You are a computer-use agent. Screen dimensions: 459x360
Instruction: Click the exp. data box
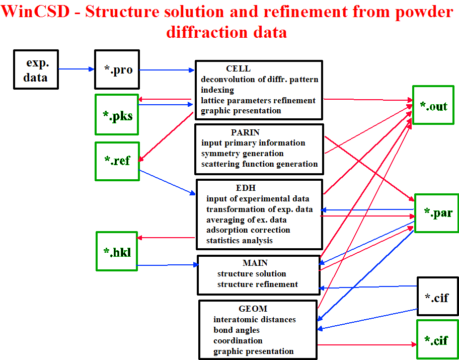click(x=36, y=69)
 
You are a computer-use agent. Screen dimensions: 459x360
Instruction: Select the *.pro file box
click(x=117, y=69)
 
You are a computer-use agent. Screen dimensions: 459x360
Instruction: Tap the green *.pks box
click(x=117, y=114)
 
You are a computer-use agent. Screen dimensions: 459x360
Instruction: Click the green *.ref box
click(x=117, y=161)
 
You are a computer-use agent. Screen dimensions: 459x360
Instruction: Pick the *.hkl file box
click(x=117, y=251)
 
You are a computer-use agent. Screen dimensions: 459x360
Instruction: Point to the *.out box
click(x=433, y=105)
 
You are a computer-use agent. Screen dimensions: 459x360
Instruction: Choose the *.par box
click(x=437, y=213)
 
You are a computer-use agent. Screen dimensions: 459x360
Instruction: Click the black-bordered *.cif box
click(x=438, y=296)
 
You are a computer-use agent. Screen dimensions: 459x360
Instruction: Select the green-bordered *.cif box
click(x=438, y=339)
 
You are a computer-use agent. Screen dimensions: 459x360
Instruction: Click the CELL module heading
click(x=238, y=68)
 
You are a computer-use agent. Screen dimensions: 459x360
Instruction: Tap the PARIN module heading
click(x=245, y=132)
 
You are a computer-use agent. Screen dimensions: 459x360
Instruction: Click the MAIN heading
click(x=255, y=262)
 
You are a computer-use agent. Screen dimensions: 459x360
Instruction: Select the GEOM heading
click(x=253, y=309)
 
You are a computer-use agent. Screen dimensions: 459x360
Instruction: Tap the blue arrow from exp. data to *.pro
click(x=76, y=69)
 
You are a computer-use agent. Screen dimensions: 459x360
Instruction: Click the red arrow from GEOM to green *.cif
click(x=367, y=345)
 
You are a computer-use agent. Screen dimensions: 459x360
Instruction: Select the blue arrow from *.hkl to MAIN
click(x=168, y=265)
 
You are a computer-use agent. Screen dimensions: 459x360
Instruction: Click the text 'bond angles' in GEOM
click(x=237, y=330)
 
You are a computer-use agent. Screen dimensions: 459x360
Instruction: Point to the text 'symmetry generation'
click(x=243, y=154)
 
